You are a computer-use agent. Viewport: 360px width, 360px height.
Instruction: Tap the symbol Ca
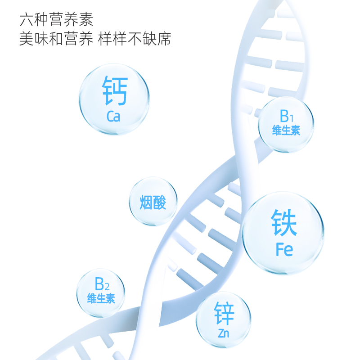tap(114, 117)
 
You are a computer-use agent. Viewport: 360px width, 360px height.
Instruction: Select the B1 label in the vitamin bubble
tap(286, 117)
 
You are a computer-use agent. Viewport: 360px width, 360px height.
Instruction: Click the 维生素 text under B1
tap(286, 131)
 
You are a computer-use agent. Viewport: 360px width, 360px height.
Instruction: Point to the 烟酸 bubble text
tap(153, 202)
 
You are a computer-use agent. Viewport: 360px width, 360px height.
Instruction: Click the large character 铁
tap(283, 223)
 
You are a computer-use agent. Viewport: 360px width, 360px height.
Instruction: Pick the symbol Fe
tap(284, 250)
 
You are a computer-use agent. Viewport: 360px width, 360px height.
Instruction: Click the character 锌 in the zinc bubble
tap(224, 313)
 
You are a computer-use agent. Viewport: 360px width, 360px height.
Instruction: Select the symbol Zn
tap(223, 333)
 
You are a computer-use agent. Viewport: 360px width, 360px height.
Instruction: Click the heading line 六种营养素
tap(56, 21)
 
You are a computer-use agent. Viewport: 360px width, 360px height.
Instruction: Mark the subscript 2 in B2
tap(107, 286)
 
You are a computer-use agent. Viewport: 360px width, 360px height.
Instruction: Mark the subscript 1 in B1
tap(291, 118)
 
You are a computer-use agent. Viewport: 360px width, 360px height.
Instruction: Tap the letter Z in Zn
tap(220, 333)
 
